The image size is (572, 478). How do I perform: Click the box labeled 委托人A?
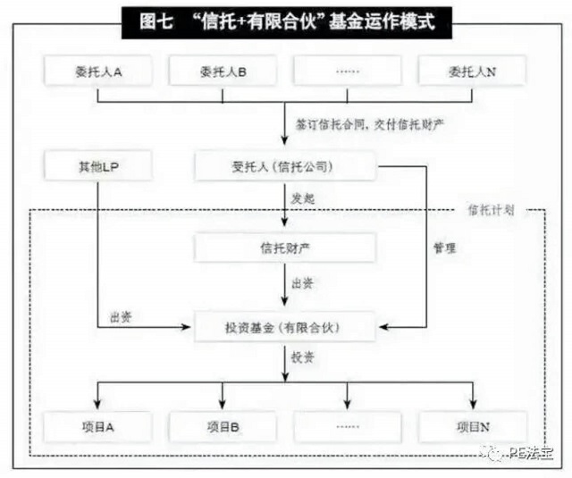pos(97,71)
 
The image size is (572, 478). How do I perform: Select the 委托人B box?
pos(223,71)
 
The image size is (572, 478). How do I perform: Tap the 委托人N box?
pos(473,71)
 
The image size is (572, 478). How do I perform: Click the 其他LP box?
pos(97,166)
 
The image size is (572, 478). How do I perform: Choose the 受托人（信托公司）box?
pos(285,166)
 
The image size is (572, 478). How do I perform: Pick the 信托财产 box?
pos(285,247)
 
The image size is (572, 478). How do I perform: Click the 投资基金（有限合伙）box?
pos(285,327)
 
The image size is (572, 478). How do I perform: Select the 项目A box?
pos(97,426)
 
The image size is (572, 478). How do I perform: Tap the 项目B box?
pos(223,426)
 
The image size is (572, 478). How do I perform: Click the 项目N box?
pos(473,426)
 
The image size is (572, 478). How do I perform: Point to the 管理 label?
pos(444,247)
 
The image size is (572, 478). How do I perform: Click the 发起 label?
pos(302,198)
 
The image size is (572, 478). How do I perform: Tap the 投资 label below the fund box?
pos(302,357)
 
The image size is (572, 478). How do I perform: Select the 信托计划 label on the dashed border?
pos(491,210)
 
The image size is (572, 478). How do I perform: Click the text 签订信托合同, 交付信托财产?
pos(369,125)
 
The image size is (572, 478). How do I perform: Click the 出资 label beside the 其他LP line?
pos(121,317)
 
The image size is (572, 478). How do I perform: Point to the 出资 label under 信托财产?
pos(302,283)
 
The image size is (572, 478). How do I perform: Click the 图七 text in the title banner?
pos(156,21)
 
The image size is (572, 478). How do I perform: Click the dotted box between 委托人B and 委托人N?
pos(348,71)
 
